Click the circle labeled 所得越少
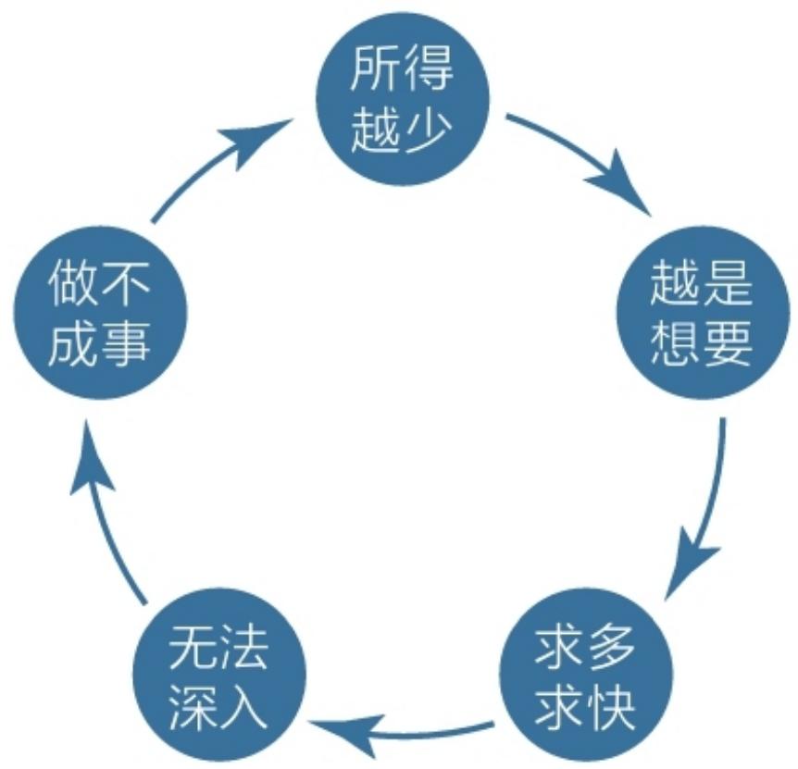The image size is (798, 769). click(x=403, y=99)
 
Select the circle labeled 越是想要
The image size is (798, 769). click(x=704, y=312)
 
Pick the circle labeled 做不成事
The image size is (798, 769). click(x=100, y=312)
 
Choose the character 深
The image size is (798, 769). click(x=192, y=706)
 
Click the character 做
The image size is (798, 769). click(x=72, y=283)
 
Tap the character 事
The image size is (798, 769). click(x=127, y=342)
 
